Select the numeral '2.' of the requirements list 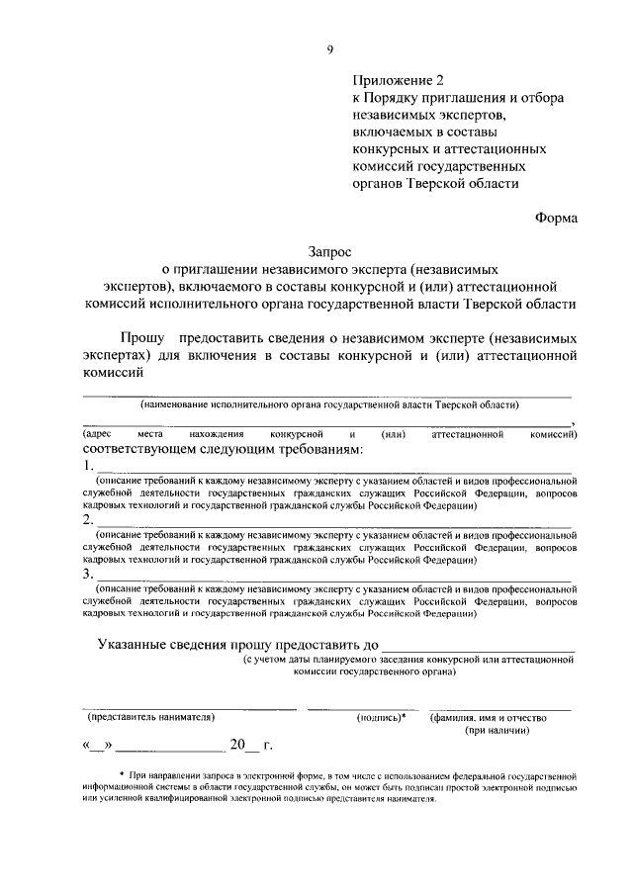pyautogui.click(x=88, y=519)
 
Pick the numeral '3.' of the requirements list pyautogui.click(x=88, y=573)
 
